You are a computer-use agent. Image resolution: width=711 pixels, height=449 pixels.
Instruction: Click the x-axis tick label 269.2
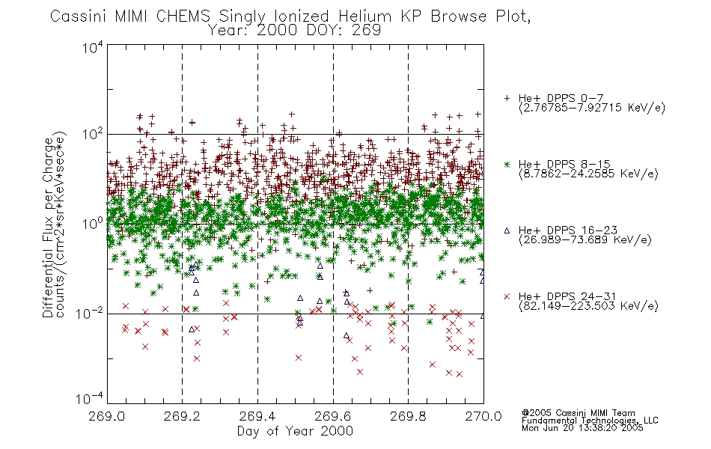pyautogui.click(x=182, y=416)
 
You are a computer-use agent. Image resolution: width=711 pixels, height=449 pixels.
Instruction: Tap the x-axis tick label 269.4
pyautogui.click(x=257, y=416)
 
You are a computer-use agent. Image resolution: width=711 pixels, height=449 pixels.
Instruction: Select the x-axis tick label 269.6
pyautogui.click(x=333, y=416)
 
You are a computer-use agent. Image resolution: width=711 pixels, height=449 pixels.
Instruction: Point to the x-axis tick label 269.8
pyautogui.click(x=408, y=416)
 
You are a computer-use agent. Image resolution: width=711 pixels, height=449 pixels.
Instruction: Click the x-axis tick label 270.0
pyautogui.click(x=483, y=416)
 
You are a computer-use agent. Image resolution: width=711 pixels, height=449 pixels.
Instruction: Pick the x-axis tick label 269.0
pyautogui.click(x=107, y=416)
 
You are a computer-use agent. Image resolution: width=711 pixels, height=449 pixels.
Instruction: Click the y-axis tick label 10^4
pyautogui.click(x=93, y=47)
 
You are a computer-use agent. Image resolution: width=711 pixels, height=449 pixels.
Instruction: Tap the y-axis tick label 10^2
pyautogui.click(x=93, y=135)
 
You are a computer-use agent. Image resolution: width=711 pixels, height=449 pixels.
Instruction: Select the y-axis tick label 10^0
pyautogui.click(x=93, y=224)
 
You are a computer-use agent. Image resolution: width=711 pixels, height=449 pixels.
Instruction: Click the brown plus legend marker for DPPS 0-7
pyautogui.click(x=507, y=98)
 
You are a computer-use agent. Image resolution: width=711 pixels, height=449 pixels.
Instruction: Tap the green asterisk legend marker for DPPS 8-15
pyautogui.click(x=507, y=164)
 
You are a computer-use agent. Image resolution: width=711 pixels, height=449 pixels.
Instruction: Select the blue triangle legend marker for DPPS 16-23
pyautogui.click(x=507, y=230)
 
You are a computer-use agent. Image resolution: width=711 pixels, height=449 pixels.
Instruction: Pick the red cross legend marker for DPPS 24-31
pyautogui.click(x=507, y=296)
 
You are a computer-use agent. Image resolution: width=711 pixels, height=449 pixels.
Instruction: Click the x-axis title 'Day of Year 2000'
pyautogui.click(x=295, y=431)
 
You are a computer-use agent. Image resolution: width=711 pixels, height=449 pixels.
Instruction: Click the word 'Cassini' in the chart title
pyautogui.click(x=78, y=16)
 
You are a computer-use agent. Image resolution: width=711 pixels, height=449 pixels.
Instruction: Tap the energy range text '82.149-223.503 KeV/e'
pyautogui.click(x=588, y=306)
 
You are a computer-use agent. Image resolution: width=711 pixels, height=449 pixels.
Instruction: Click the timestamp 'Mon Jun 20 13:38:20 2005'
pyautogui.click(x=582, y=427)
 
